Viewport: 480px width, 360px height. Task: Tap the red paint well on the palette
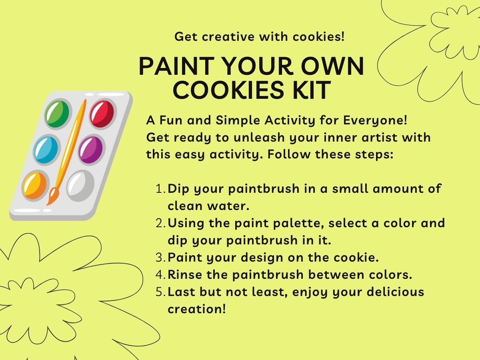coord(102,114)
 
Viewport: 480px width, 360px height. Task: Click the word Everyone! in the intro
coord(373,120)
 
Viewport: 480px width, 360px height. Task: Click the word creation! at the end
coord(197,309)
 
